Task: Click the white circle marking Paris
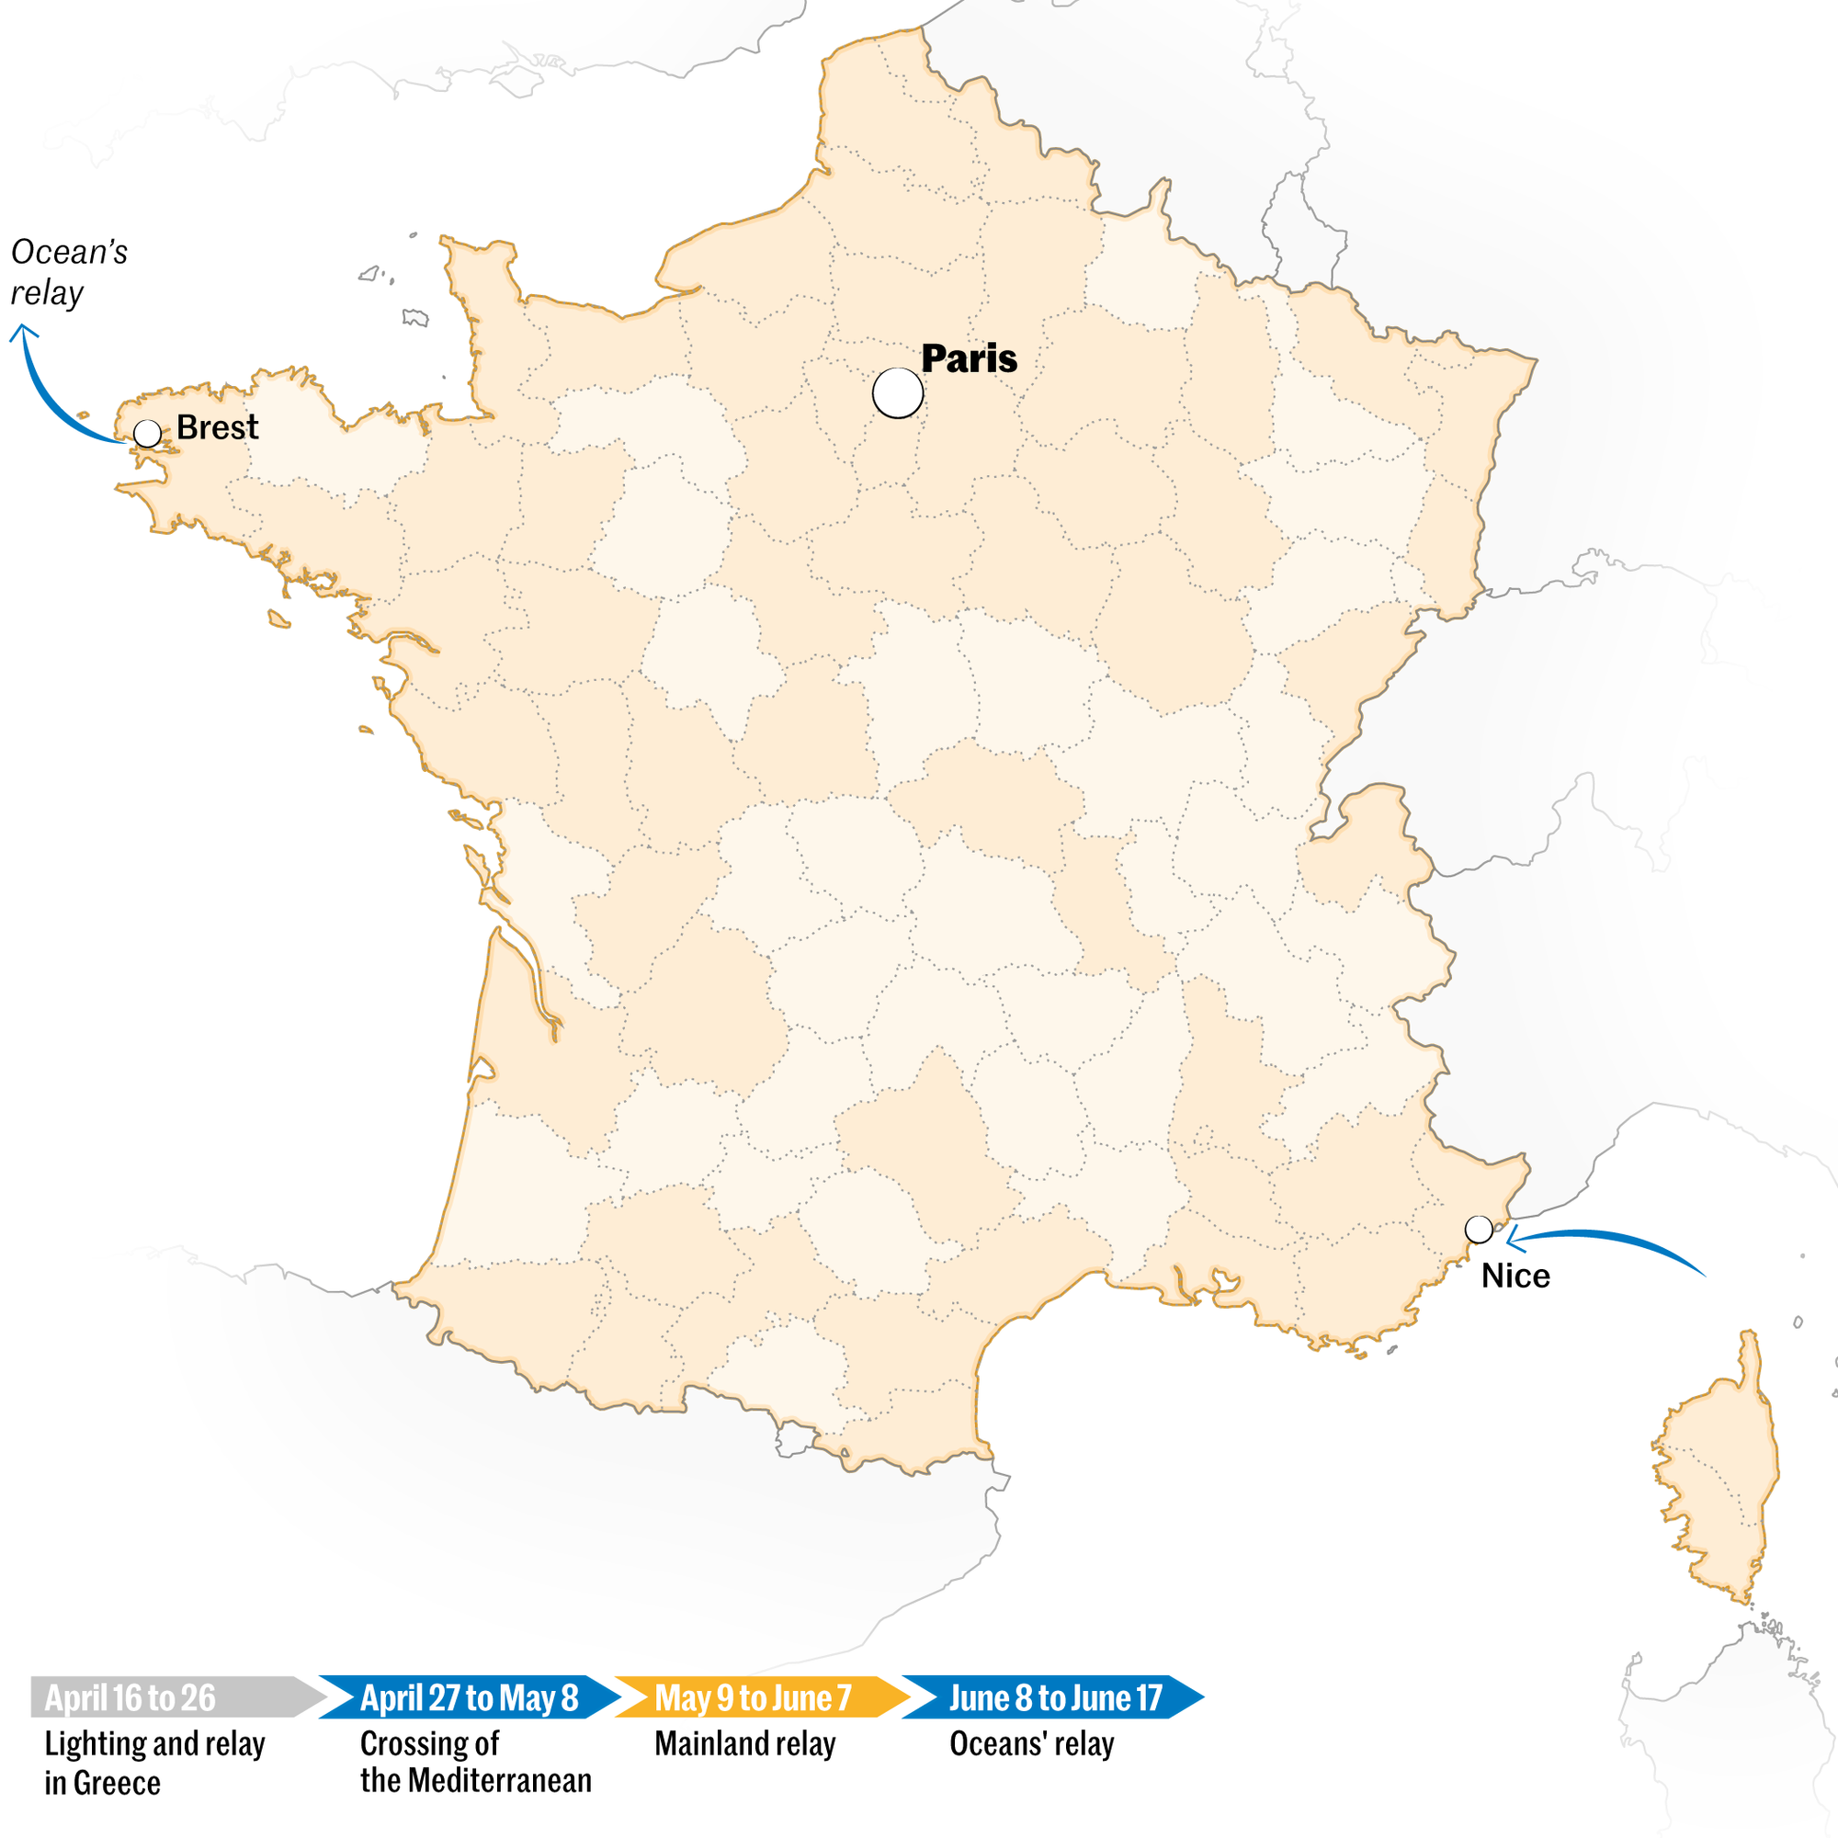(x=897, y=393)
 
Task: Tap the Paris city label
(x=969, y=358)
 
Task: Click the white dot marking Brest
(x=147, y=434)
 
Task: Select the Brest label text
(x=217, y=427)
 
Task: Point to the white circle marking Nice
(x=1479, y=1229)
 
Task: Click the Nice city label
(x=1515, y=1276)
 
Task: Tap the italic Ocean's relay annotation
(x=69, y=272)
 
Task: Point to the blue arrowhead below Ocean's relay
(x=23, y=332)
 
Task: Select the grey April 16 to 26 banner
(x=171, y=1698)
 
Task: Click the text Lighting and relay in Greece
(x=154, y=1763)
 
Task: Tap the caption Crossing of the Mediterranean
(x=475, y=1762)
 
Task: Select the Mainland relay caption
(x=745, y=1744)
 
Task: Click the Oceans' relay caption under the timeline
(x=1031, y=1744)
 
